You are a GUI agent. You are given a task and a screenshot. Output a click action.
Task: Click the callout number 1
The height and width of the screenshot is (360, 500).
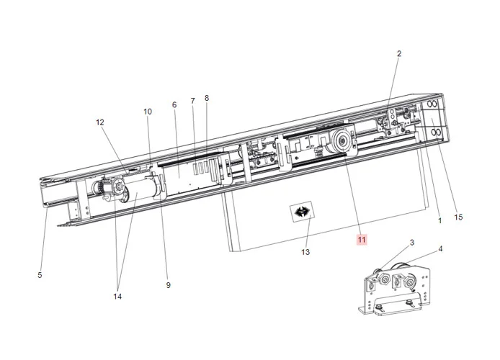click(439, 221)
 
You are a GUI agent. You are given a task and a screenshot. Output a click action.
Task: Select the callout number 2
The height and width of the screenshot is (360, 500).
click(399, 53)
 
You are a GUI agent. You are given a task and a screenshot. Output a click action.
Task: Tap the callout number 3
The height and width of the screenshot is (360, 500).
click(412, 243)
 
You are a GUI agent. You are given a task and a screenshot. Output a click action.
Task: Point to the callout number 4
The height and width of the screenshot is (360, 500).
click(440, 249)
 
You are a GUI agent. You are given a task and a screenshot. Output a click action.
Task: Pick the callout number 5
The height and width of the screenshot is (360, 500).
click(40, 274)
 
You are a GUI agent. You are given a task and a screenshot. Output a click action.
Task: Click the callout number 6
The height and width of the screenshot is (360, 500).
click(174, 105)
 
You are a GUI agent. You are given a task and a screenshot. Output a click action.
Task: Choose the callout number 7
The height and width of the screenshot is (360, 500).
click(192, 102)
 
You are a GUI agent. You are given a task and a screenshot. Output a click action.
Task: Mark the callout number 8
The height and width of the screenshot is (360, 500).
click(207, 98)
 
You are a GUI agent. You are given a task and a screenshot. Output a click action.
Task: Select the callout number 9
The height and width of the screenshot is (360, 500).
click(168, 285)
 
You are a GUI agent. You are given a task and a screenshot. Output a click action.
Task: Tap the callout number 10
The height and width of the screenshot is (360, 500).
click(148, 112)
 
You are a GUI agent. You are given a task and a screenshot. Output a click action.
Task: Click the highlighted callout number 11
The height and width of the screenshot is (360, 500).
click(361, 239)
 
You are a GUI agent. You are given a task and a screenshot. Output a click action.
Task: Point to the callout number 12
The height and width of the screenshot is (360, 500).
click(100, 122)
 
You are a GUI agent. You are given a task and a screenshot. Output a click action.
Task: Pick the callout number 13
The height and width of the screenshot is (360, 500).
click(305, 252)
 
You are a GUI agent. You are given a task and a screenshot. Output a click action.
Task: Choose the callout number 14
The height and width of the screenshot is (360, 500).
click(117, 296)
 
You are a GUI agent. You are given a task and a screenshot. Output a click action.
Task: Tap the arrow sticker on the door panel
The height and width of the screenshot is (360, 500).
click(300, 212)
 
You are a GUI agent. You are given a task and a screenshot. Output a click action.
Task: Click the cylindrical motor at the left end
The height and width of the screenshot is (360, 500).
click(138, 192)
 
